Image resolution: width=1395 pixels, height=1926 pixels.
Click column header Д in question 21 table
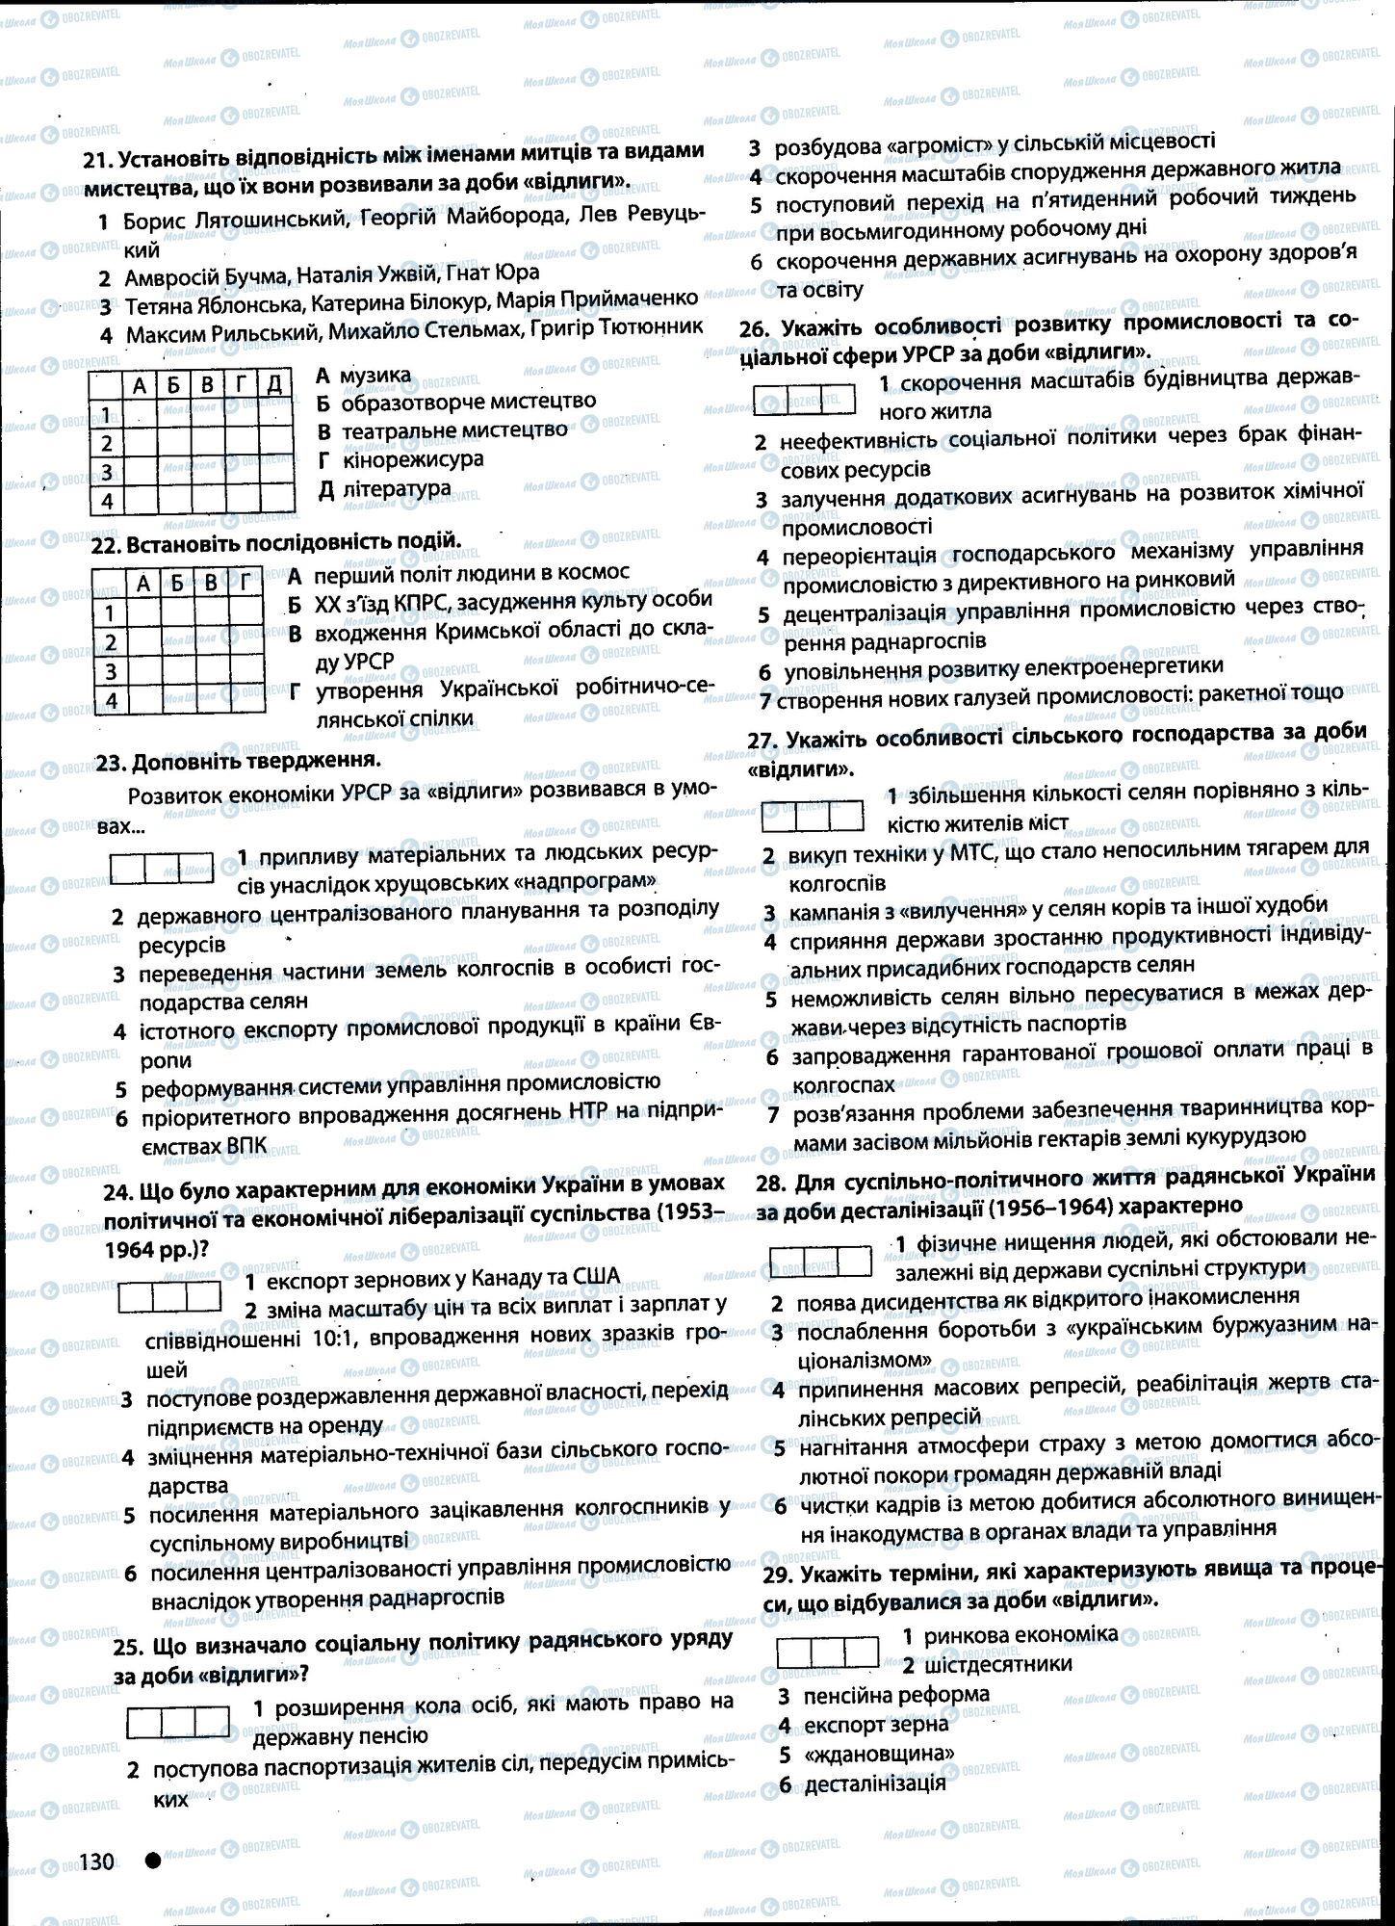pyautogui.click(x=273, y=385)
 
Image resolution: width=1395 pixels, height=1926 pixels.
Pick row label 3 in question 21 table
pyautogui.click(x=107, y=472)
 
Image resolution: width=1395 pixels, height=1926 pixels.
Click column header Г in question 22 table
pyautogui.click(x=247, y=583)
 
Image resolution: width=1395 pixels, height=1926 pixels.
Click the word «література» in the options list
pyautogui.click(x=396, y=488)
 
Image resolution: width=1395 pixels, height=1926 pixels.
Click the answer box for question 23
pyautogui.click(x=162, y=868)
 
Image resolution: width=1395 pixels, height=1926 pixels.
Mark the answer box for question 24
pyautogui.click(x=169, y=1296)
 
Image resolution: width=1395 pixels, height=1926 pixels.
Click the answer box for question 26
pyautogui.click(x=804, y=399)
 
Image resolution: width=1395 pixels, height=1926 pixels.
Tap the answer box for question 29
pyautogui.click(x=827, y=1652)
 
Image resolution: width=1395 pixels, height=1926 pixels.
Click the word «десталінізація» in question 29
pyautogui.click(x=874, y=1783)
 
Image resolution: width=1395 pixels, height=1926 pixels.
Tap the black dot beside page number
pyautogui.click(x=152, y=1861)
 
